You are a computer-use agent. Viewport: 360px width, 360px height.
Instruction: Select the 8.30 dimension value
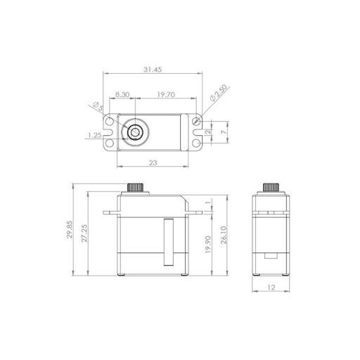tap(121, 94)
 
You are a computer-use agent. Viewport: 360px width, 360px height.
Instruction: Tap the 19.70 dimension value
tap(166, 94)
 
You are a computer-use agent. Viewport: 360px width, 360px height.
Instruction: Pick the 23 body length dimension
tap(152, 162)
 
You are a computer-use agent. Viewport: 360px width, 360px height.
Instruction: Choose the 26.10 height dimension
tap(224, 233)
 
